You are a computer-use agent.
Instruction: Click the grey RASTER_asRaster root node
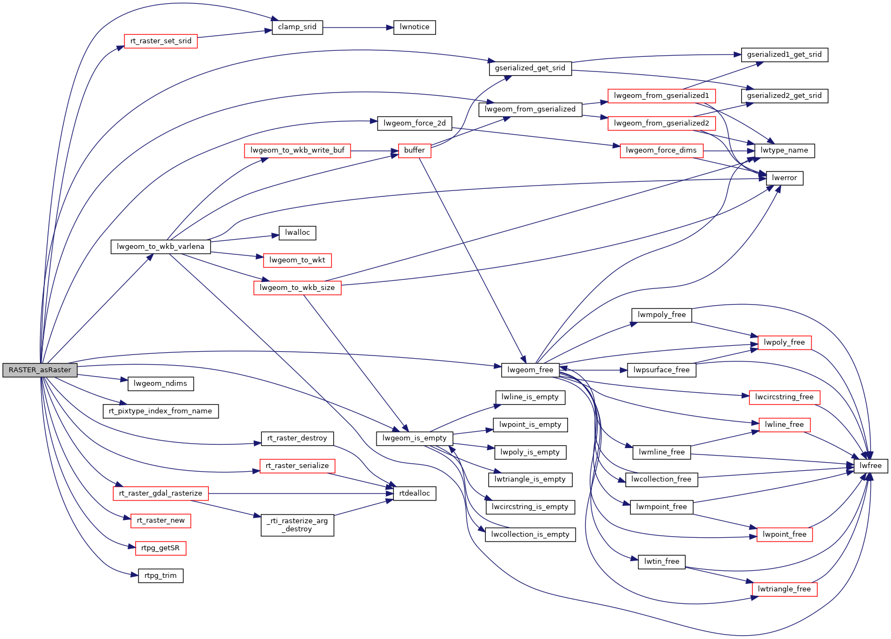tap(40, 370)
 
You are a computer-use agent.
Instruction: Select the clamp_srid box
tap(297, 27)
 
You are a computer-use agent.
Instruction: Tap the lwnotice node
tap(414, 27)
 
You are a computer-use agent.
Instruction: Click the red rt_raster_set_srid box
tap(161, 41)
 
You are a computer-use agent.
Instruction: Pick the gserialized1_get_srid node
tap(784, 55)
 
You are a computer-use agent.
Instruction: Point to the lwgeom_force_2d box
tap(414, 123)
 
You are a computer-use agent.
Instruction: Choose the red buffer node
tap(414, 150)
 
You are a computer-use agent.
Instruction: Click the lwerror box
tap(784, 178)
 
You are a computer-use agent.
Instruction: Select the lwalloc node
tap(298, 233)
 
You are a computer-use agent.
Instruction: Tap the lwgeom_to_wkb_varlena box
tap(161, 247)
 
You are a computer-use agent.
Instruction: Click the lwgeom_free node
tap(530, 370)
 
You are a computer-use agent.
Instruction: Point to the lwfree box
tap(870, 466)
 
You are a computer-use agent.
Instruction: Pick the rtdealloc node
tap(414, 493)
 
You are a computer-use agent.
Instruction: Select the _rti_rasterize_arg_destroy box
tap(297, 525)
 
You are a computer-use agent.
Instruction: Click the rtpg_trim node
tap(161, 576)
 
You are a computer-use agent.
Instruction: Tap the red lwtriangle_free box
tap(784, 589)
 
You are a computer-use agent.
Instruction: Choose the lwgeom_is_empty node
tap(414, 438)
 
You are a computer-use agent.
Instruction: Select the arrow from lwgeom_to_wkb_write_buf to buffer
tap(374, 150)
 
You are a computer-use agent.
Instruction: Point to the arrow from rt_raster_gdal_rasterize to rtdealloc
tap(298, 493)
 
